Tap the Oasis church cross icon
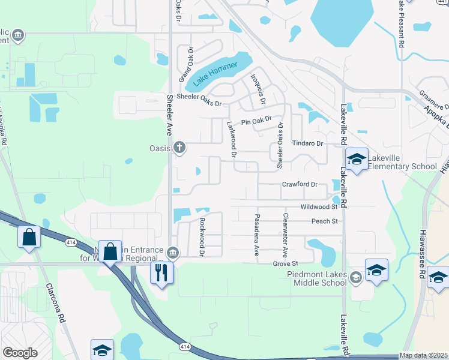click(x=179, y=147)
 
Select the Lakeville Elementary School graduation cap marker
click(x=357, y=159)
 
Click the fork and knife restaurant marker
click(x=161, y=272)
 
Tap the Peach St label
click(x=325, y=221)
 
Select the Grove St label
click(x=285, y=263)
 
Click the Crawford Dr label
click(x=299, y=184)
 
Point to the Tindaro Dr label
click(x=307, y=143)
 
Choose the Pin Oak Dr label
click(x=257, y=122)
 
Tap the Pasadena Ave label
click(x=257, y=232)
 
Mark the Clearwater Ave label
click(x=285, y=232)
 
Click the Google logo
click(x=20, y=353)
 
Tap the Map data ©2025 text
click(x=423, y=355)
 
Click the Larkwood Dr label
click(x=232, y=139)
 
